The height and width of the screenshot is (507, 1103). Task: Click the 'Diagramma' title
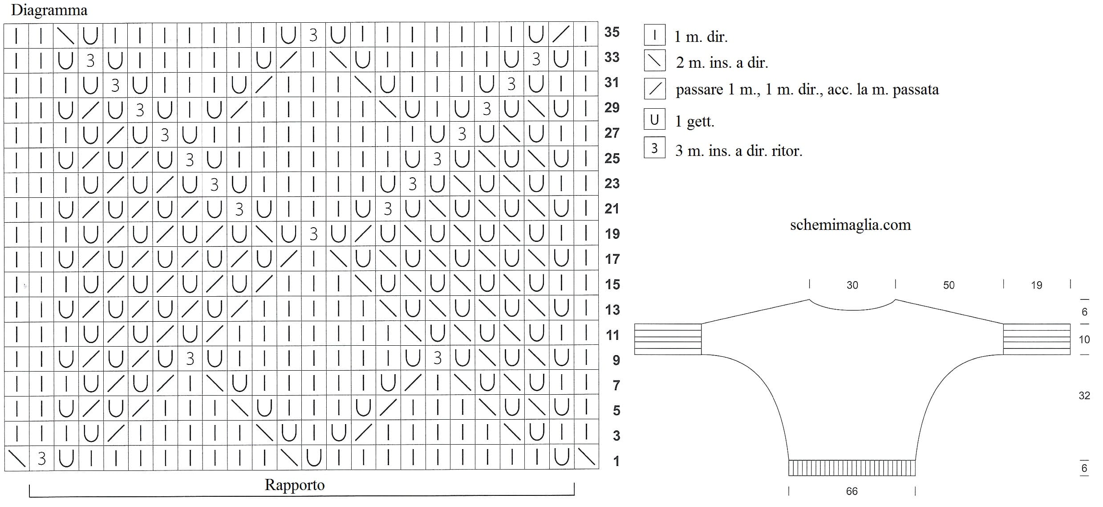coord(49,10)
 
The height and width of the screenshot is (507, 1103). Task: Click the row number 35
coord(612,32)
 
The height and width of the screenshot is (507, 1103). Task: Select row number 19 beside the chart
coord(612,234)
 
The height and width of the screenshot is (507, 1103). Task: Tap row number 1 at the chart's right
coord(616,461)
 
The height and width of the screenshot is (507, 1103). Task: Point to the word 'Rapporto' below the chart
coord(295,485)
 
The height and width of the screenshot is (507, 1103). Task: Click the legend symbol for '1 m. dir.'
coord(654,35)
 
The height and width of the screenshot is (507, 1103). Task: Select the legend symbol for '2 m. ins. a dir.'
coord(654,61)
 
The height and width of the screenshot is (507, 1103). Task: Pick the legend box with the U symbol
coord(654,119)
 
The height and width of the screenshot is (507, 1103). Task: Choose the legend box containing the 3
coord(654,148)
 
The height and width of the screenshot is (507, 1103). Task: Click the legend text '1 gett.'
coord(695,121)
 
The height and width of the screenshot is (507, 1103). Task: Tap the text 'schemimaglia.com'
coord(850,225)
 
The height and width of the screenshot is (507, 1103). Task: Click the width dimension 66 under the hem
coord(852,491)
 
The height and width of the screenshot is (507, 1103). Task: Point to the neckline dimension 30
coord(852,285)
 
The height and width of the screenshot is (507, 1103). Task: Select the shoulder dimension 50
coord(949,285)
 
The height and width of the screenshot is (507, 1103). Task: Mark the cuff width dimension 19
coord(1036,285)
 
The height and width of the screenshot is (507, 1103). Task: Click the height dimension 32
coord(1084,396)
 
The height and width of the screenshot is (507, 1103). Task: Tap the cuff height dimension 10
coord(1084,339)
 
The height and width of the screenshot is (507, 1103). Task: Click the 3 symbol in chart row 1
coord(41,458)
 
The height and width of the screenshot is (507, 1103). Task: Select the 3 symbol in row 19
coord(313,234)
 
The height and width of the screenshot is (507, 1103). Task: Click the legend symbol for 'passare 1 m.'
coord(654,89)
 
